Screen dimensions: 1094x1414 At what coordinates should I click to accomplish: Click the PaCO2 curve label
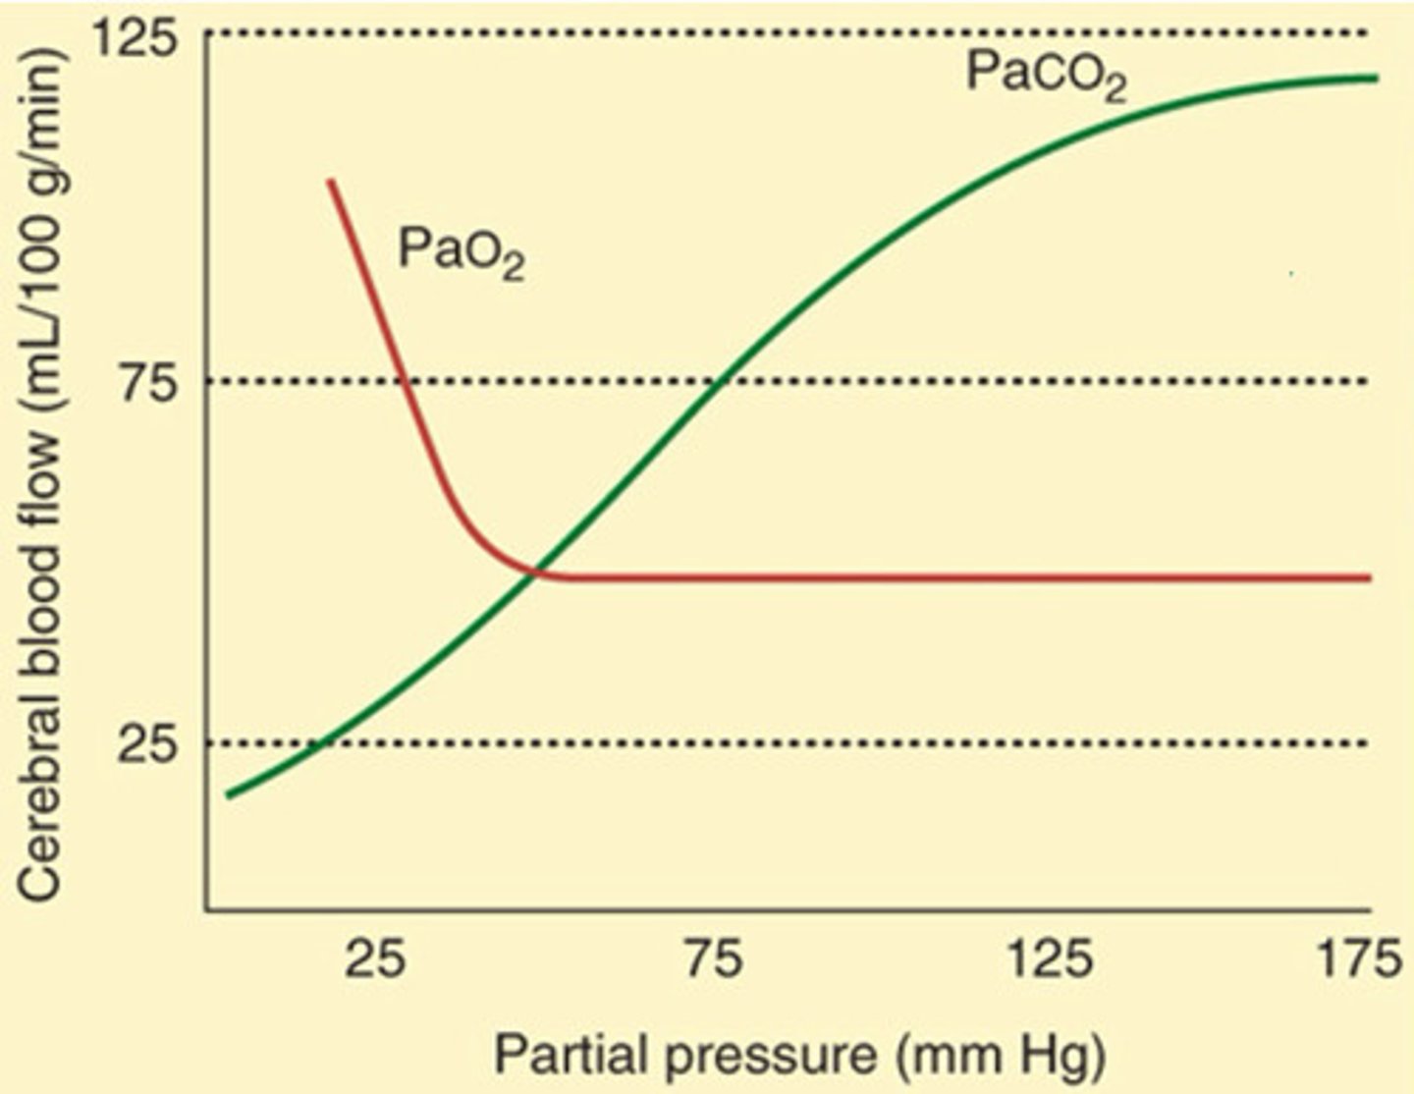click(1045, 75)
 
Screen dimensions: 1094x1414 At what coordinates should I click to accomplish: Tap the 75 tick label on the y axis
click(147, 382)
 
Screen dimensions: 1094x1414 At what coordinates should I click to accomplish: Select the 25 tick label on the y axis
click(147, 743)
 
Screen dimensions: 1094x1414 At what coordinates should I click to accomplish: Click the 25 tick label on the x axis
click(374, 959)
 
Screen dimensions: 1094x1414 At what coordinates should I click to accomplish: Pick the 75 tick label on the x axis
click(714, 959)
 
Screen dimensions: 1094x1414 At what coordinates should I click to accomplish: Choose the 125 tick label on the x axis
click(1050, 959)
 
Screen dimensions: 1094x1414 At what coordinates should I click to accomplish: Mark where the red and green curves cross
click(533, 572)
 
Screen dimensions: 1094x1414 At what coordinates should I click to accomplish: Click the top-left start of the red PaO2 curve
click(330, 181)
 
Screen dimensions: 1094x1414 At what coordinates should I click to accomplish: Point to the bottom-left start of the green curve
click(228, 794)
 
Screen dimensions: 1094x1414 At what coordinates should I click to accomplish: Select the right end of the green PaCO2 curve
click(1376, 78)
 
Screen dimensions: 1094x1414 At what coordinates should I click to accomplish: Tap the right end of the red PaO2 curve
click(1369, 577)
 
